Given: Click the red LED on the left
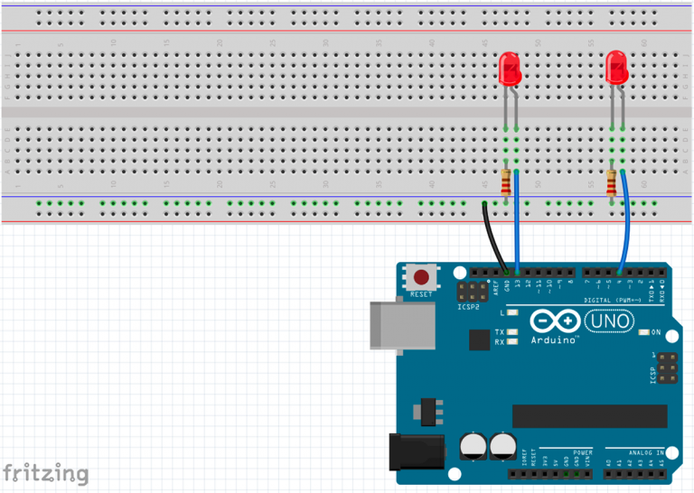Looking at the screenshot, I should (510, 69).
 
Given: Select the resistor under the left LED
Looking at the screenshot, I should (505, 183).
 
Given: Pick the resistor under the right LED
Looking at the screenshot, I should (613, 183).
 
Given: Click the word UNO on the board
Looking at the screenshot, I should (610, 321).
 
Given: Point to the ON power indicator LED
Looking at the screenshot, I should (643, 332).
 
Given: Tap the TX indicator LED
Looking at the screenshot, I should (512, 332).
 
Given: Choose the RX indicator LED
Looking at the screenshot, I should (512, 342).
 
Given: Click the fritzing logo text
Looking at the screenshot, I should (45, 472).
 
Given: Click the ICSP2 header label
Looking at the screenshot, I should (469, 306).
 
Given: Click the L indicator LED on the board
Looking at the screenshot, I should (512, 312).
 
